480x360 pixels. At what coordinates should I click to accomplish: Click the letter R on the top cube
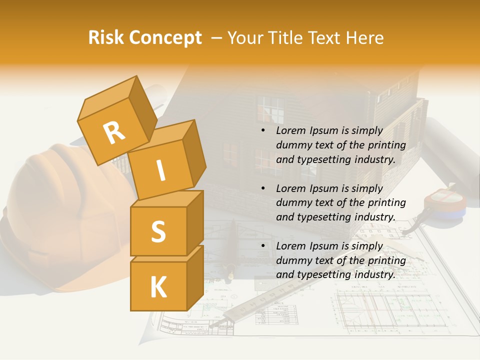(114, 132)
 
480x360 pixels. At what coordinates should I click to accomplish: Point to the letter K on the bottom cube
(158, 287)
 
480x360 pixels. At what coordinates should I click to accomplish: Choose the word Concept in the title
(164, 38)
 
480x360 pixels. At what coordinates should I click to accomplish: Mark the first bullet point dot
(263, 131)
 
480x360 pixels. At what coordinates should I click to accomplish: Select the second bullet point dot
(263, 189)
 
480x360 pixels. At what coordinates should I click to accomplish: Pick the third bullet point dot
(263, 246)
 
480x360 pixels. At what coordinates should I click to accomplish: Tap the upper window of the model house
(270, 110)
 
